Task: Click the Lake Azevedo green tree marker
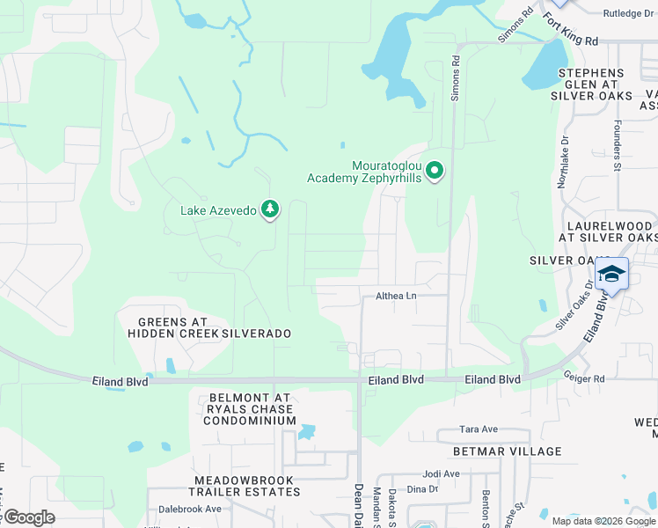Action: (270, 209)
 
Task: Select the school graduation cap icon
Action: (611, 275)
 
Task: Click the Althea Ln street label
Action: (396, 297)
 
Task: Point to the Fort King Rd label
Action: (570, 30)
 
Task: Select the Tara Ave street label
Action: (479, 429)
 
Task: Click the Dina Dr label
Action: (421, 489)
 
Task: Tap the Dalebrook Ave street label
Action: (190, 509)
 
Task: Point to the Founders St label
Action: (618, 146)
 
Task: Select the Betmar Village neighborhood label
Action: (507, 451)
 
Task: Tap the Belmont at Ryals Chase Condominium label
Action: (250, 409)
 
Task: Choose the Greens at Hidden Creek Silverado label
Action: (208, 328)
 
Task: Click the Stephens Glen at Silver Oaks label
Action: (591, 84)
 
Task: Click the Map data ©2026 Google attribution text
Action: (602, 520)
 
